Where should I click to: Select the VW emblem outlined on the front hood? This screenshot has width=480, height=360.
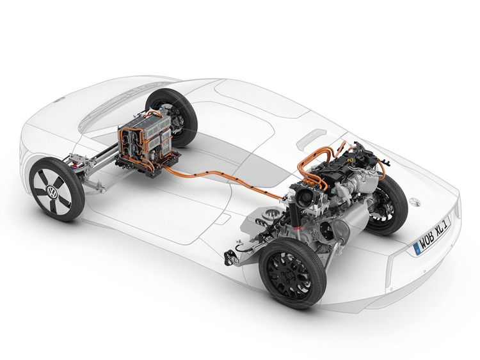point(60,98)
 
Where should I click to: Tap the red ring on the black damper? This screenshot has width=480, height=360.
point(296,227)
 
